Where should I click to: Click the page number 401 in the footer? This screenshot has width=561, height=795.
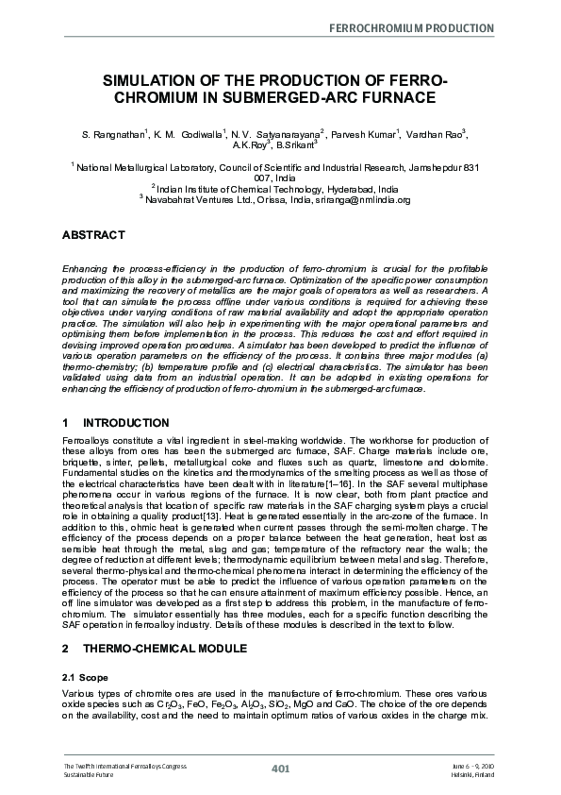click(x=280, y=770)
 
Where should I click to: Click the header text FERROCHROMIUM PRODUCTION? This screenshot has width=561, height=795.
click(x=411, y=28)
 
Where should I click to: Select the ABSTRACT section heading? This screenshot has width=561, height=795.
click(x=93, y=234)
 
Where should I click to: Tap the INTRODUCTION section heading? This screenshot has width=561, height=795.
click(x=125, y=423)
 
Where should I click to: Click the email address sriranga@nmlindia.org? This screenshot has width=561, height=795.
click(x=357, y=199)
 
